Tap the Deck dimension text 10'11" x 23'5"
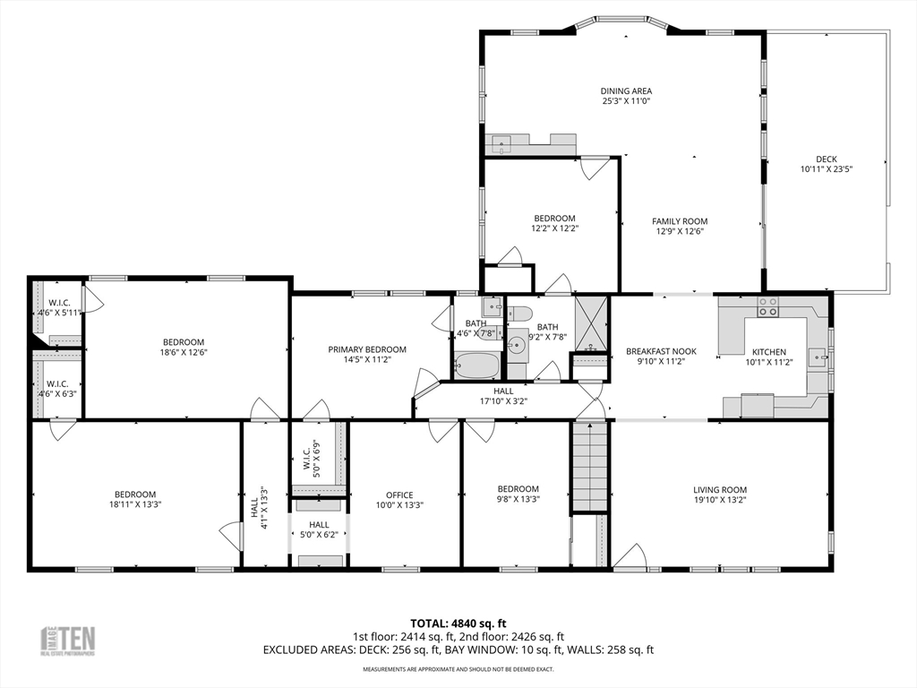click(826, 168)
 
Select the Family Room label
click(680, 221)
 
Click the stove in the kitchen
click(768, 306)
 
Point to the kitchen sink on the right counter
click(817, 357)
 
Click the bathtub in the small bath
click(476, 365)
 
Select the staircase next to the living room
click(590, 466)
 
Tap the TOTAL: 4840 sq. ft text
click(458, 623)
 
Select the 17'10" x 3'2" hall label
click(503, 396)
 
